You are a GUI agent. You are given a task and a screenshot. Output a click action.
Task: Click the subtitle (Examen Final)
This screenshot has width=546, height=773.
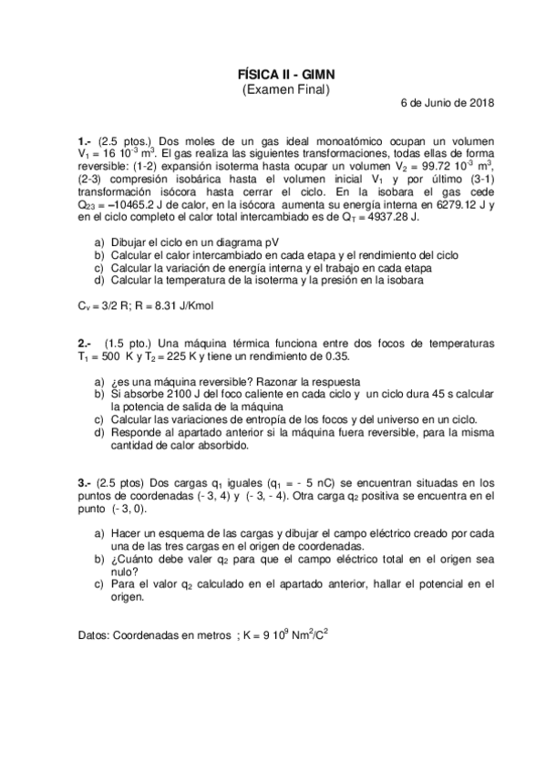(x=284, y=89)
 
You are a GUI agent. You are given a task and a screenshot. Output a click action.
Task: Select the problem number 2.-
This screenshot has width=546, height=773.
(x=85, y=344)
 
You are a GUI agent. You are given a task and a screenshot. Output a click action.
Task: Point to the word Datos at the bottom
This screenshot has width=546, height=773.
(x=94, y=635)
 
